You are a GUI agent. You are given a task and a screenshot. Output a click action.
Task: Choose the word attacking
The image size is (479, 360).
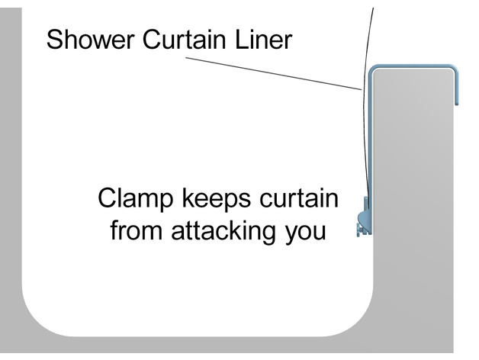[223, 230]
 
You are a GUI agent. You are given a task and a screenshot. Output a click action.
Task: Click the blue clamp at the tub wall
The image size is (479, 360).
[364, 217]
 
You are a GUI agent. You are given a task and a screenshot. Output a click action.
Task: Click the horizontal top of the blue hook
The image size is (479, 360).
[412, 67]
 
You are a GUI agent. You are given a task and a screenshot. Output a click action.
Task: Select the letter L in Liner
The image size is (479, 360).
[239, 39]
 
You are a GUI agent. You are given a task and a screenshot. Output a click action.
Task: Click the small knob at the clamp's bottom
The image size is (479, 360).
[359, 230]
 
